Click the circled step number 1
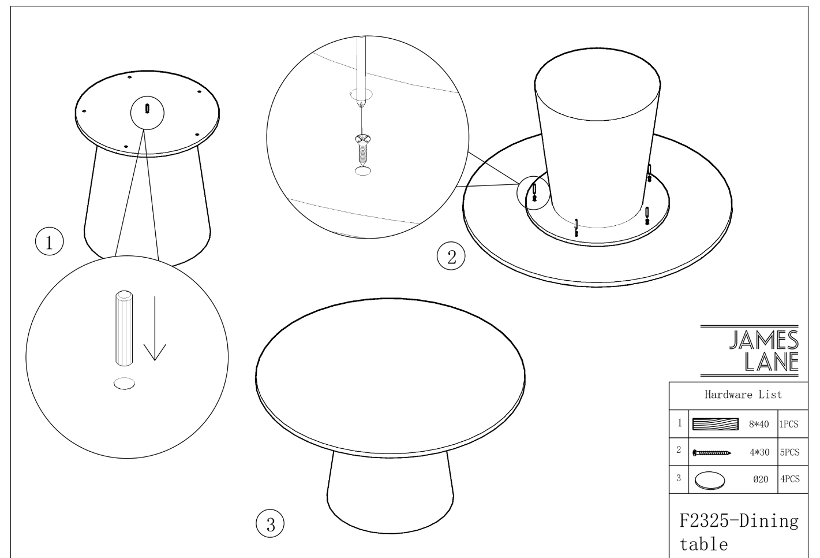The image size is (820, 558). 50,241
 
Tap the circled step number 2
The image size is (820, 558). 451,256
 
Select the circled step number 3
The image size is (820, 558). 270,523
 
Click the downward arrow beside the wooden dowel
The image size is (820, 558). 155,328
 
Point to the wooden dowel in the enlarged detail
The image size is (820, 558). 124,328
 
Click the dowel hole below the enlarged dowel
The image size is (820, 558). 125,383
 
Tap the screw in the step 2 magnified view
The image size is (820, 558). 363,149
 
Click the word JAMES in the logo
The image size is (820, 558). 764,340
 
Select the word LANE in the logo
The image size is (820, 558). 772,362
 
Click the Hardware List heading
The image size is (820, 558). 743,395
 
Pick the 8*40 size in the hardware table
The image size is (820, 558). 758,424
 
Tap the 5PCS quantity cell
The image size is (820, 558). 789,452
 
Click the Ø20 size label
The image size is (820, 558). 761,479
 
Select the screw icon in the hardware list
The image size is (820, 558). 712,453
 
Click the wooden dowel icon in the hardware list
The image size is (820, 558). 716,424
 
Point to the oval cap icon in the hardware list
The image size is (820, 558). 709,481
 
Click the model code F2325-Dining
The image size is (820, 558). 739,520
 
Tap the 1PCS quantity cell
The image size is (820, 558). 788,424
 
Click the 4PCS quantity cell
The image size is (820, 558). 790,479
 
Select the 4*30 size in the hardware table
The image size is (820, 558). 759,452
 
